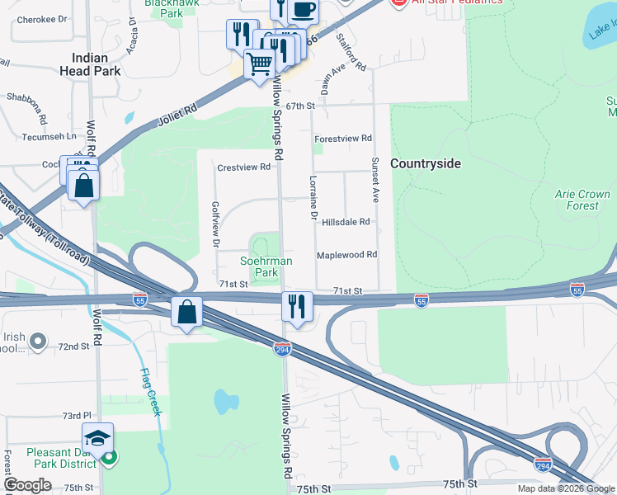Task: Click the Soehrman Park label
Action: pyautogui.click(x=266, y=266)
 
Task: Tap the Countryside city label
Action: pyautogui.click(x=425, y=163)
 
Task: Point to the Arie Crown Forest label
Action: pyautogui.click(x=582, y=200)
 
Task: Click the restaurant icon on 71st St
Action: pyautogui.click(x=294, y=307)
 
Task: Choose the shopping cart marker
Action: pyautogui.click(x=259, y=63)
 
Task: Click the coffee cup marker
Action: pyautogui.click(x=303, y=10)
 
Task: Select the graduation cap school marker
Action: pyautogui.click(x=97, y=436)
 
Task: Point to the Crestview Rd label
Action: pyautogui.click(x=243, y=167)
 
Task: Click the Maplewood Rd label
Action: pyautogui.click(x=346, y=256)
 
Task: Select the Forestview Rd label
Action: pyautogui.click(x=343, y=139)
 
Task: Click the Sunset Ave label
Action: pyautogui.click(x=374, y=180)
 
